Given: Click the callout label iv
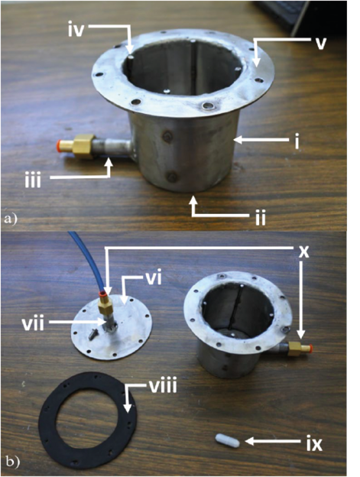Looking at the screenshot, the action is click(x=76, y=31).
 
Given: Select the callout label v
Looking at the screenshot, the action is click(x=320, y=44).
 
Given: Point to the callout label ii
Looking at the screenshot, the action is click(x=261, y=218).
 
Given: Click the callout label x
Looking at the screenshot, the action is click(x=303, y=252).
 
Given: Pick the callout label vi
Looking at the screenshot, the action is click(x=153, y=279).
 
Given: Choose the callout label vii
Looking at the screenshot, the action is click(x=33, y=324).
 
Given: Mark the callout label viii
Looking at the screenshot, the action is click(x=163, y=387).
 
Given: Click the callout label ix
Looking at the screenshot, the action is click(x=314, y=444).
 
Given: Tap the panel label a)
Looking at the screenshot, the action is click(x=10, y=219).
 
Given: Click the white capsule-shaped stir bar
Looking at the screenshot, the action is click(x=228, y=440).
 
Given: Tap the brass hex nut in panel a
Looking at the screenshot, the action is click(x=84, y=146).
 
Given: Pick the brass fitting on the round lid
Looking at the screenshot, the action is click(x=105, y=305).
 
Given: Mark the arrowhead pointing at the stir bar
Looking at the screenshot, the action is click(x=249, y=440).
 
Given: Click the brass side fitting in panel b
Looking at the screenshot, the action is click(x=295, y=349).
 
